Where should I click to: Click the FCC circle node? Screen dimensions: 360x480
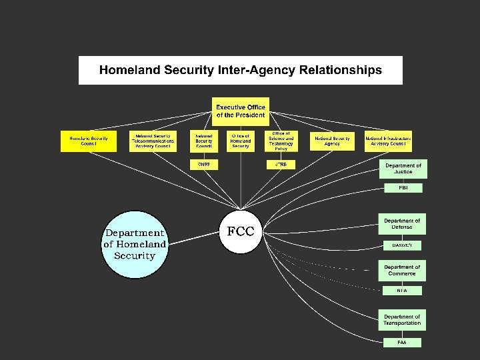[x=241, y=232]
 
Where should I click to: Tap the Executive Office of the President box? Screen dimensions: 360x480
[x=241, y=111]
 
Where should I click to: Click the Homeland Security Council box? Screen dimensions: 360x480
[x=88, y=141]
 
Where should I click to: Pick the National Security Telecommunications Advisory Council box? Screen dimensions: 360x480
[x=153, y=141]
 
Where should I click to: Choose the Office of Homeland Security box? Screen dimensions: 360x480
[x=241, y=141]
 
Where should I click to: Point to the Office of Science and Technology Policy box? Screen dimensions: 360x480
[x=281, y=141]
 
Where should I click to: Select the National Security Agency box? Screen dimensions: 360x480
[x=332, y=141]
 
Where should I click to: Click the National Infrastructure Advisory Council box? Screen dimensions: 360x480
[x=388, y=141]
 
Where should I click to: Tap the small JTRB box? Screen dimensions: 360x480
[x=281, y=164]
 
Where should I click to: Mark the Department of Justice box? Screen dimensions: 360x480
[x=403, y=169]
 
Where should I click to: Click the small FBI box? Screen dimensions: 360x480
[x=403, y=189]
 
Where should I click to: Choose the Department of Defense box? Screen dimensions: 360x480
[x=403, y=224]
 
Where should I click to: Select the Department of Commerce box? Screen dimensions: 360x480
[x=403, y=271]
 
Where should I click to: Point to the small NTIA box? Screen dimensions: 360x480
[x=403, y=291]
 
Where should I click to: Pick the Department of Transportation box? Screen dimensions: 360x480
[x=403, y=319]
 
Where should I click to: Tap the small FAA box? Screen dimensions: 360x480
[x=403, y=343]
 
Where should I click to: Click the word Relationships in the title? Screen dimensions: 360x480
[x=341, y=70]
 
